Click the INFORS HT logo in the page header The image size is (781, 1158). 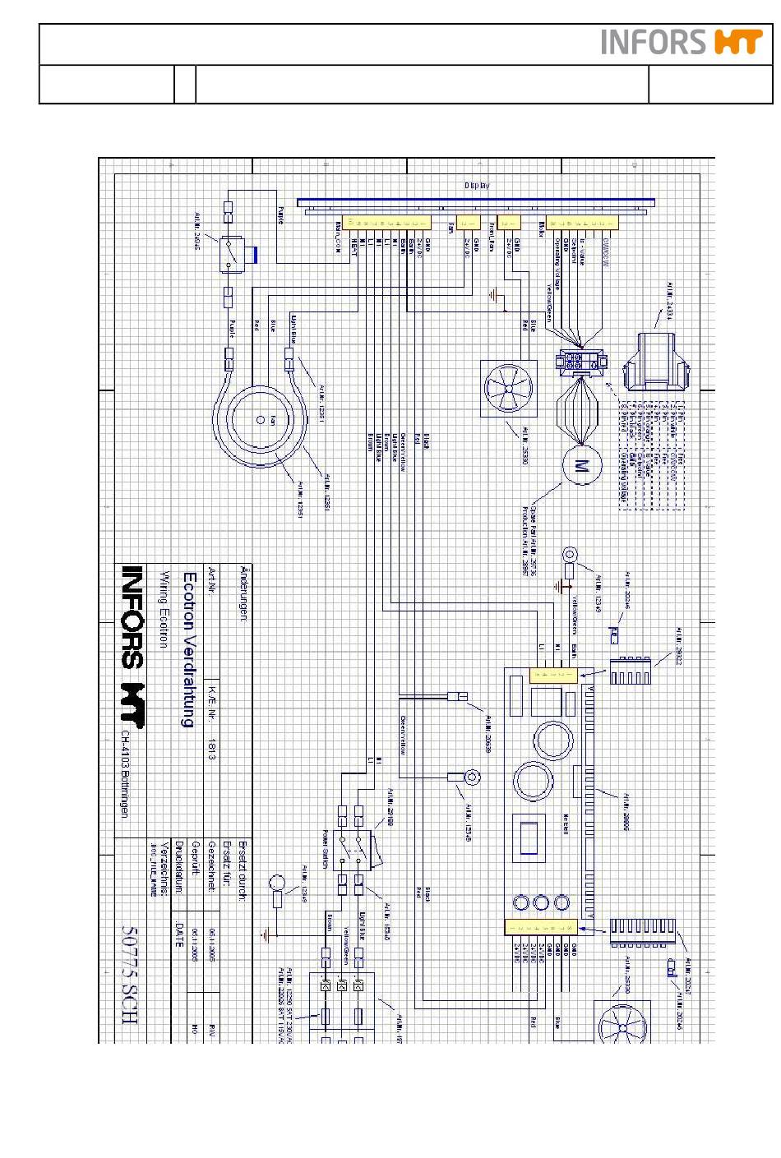[x=682, y=42]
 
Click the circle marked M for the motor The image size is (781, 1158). [x=582, y=466]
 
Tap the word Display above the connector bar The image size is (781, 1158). [x=476, y=186]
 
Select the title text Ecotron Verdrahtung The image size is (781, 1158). [x=188, y=649]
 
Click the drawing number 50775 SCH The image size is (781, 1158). [x=130, y=975]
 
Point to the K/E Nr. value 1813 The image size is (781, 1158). [x=211, y=748]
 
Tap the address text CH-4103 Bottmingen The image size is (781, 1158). [x=124, y=773]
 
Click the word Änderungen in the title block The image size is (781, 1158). [x=243, y=593]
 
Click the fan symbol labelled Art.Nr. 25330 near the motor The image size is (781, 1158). [x=508, y=388]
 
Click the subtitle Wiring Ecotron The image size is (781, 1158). [x=164, y=609]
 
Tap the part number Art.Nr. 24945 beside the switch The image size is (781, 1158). [x=198, y=232]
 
